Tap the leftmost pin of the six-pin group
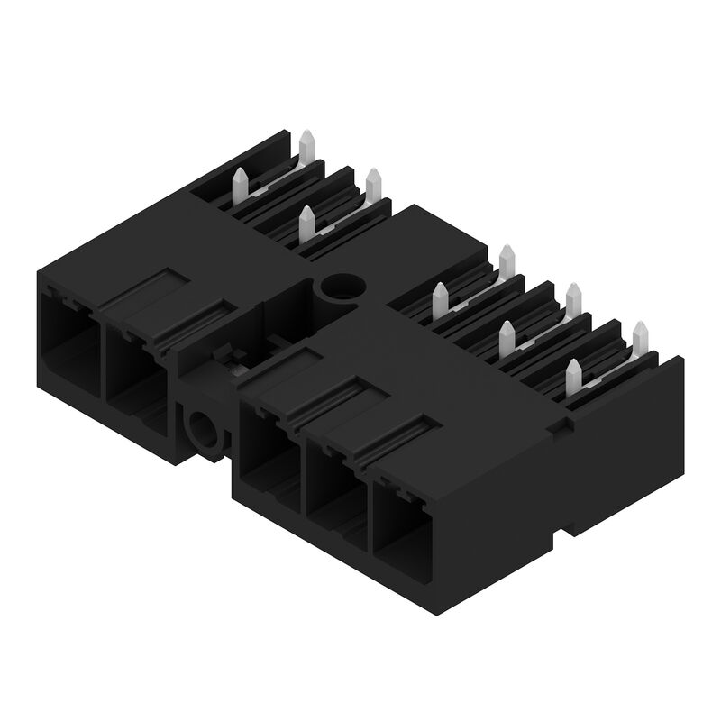(441, 297)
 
